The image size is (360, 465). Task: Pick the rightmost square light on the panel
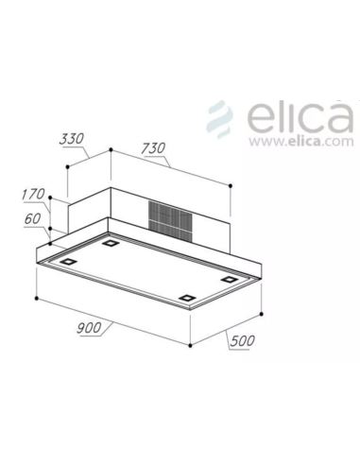(x=231, y=280)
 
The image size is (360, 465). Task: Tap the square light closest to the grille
(x=111, y=245)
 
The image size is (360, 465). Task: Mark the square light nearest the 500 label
(x=189, y=301)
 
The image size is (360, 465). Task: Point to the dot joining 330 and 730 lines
(x=111, y=149)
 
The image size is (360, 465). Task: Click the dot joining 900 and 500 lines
(x=191, y=348)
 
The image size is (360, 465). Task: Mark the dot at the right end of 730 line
(x=231, y=185)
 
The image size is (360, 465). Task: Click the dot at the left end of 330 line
(x=68, y=168)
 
